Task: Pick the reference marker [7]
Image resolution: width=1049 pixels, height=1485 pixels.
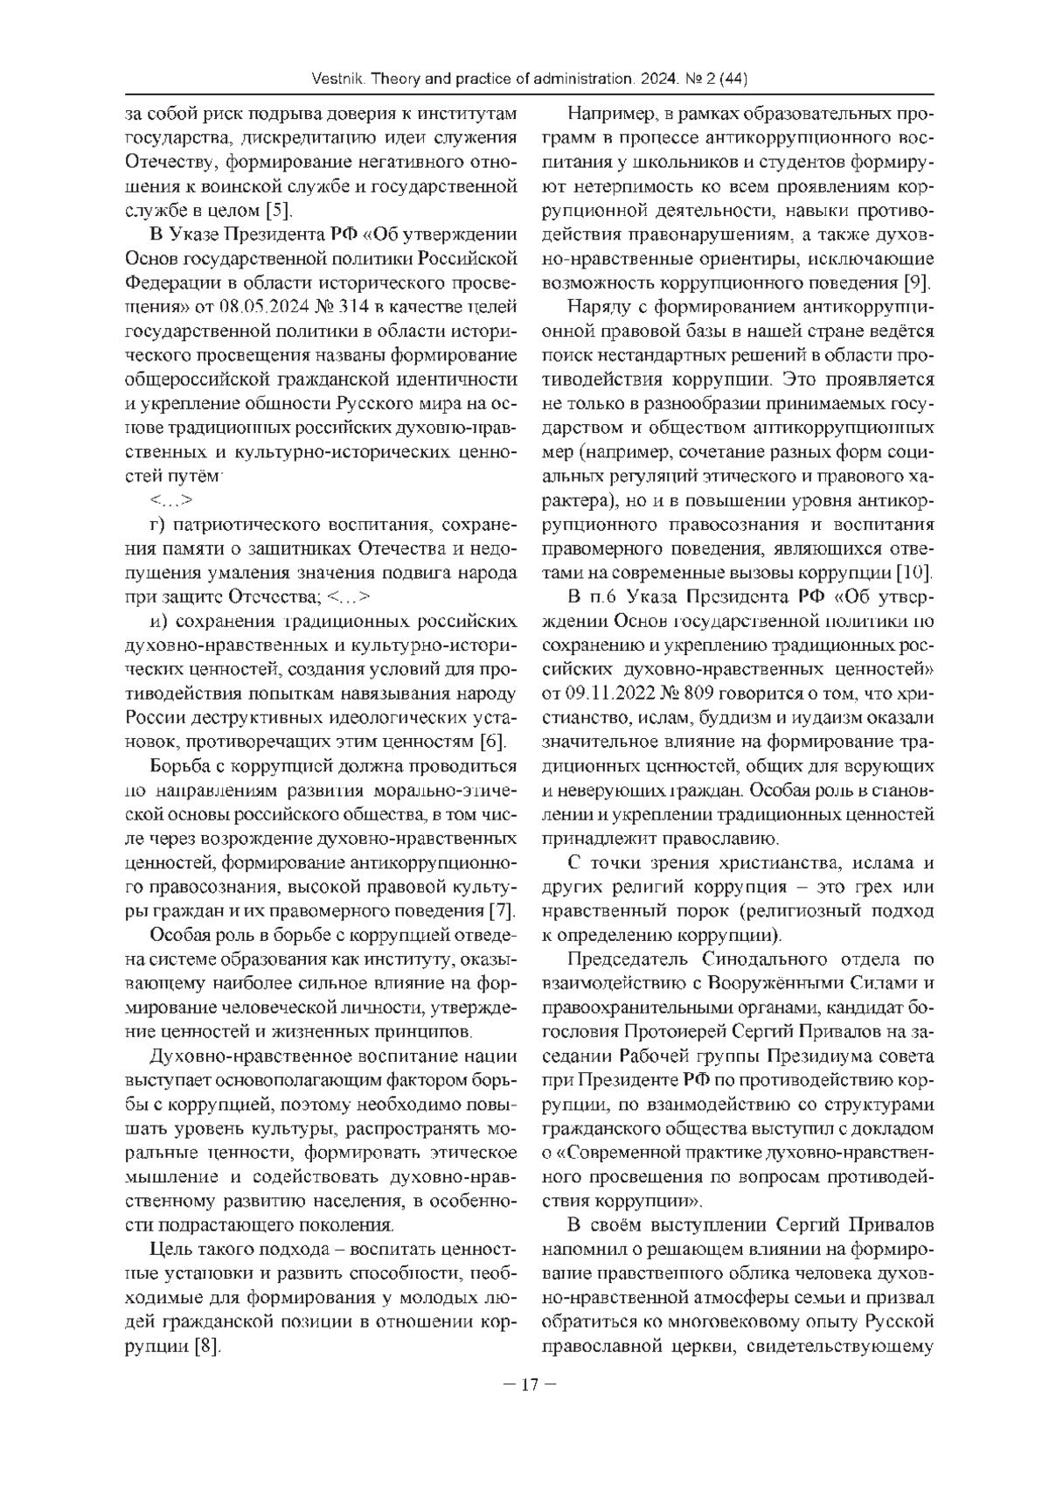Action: pyautogui.click(x=500, y=910)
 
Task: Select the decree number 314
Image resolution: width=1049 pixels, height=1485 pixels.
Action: pyautogui.click(x=358, y=305)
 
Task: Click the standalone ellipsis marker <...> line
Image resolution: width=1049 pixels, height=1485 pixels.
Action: pyautogui.click(x=171, y=500)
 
